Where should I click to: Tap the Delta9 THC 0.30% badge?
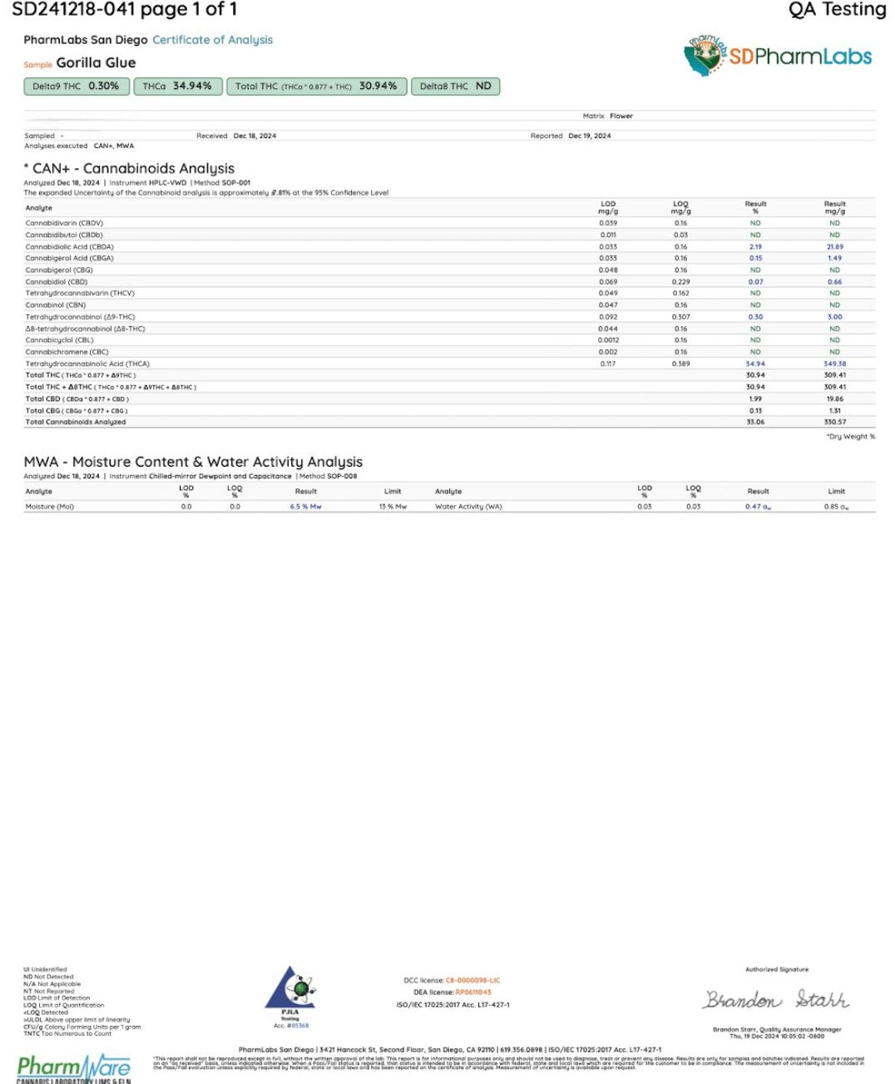click(x=76, y=87)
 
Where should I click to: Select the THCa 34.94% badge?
click(x=177, y=87)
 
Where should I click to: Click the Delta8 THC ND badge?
click(x=455, y=87)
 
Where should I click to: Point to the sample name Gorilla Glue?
click(x=96, y=63)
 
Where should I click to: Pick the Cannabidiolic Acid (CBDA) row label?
click(x=69, y=247)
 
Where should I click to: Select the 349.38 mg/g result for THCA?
click(x=834, y=364)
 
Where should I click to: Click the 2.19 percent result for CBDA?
click(x=755, y=247)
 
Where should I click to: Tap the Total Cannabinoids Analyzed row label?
click(x=76, y=422)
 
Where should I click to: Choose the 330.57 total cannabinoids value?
click(x=834, y=422)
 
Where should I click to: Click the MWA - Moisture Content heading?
click(x=193, y=463)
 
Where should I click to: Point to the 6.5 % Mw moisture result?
click(x=305, y=507)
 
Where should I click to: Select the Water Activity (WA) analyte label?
click(x=468, y=507)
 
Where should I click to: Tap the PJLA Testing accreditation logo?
click(x=290, y=995)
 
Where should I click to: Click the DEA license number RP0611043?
click(x=473, y=992)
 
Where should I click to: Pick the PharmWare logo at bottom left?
click(x=73, y=1067)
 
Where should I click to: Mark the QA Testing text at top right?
click(x=837, y=10)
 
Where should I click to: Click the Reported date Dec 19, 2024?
click(x=589, y=136)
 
